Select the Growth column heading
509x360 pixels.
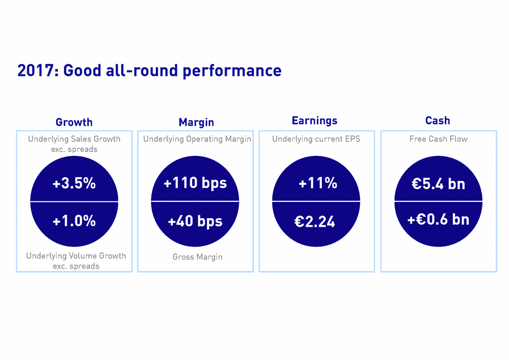tap(74, 122)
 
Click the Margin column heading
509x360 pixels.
tap(196, 122)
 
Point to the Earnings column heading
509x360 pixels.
tap(315, 120)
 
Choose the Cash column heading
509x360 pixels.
tap(438, 120)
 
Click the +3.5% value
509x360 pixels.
tap(74, 184)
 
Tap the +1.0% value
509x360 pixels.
tap(74, 221)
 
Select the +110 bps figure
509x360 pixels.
tap(195, 183)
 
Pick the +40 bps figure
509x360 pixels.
tap(195, 221)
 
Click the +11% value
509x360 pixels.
tap(317, 183)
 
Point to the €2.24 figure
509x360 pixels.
tap(315, 222)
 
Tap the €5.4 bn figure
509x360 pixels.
tap(438, 184)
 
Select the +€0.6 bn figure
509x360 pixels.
tap(438, 219)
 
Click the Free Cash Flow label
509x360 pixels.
tap(438, 139)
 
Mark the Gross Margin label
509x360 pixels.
tap(197, 257)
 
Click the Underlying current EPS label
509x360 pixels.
tap(316, 139)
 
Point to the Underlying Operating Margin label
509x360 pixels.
tap(197, 139)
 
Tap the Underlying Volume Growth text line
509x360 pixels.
tap(76, 256)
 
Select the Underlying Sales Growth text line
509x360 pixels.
tap(74, 139)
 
